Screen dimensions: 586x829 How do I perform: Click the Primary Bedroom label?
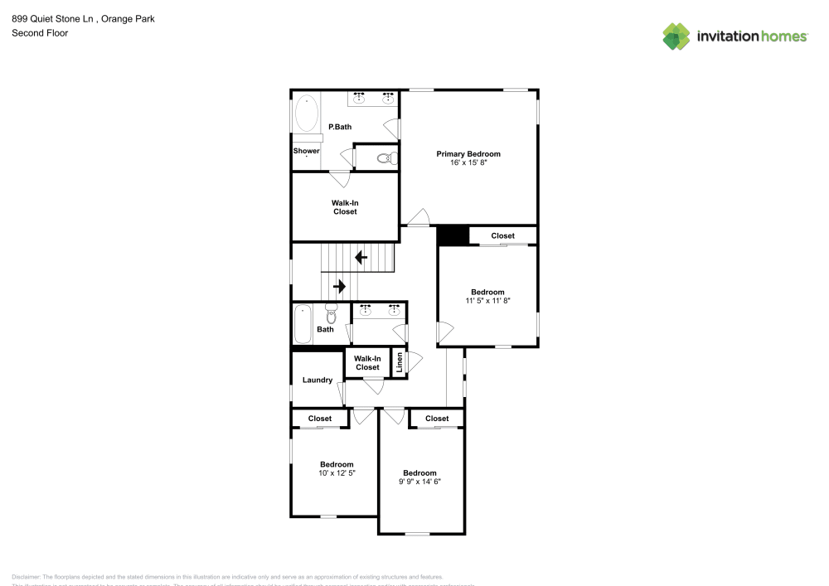click(x=468, y=154)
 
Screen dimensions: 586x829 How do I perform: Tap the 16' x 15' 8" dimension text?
click(x=468, y=163)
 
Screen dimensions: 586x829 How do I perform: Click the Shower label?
click(x=306, y=151)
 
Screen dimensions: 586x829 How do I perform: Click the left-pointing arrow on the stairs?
click(x=361, y=258)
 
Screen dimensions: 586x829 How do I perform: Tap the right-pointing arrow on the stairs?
click(x=339, y=287)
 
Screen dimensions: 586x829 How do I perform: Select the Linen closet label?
click(x=400, y=361)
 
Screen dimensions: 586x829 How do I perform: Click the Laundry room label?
click(x=317, y=380)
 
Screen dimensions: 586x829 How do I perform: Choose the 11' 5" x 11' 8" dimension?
click(x=487, y=301)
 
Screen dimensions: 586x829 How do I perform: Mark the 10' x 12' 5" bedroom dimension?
click(x=337, y=472)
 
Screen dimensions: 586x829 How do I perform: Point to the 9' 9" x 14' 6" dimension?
click(x=419, y=482)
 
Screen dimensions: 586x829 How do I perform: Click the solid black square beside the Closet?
click(x=453, y=236)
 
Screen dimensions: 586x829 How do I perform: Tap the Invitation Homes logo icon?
click(x=676, y=36)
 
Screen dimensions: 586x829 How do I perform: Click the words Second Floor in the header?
click(x=40, y=33)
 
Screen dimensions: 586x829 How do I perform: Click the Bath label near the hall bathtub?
click(x=325, y=330)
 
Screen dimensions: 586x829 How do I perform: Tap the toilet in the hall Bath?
click(x=332, y=315)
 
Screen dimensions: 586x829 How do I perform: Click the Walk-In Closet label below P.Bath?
click(x=345, y=207)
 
